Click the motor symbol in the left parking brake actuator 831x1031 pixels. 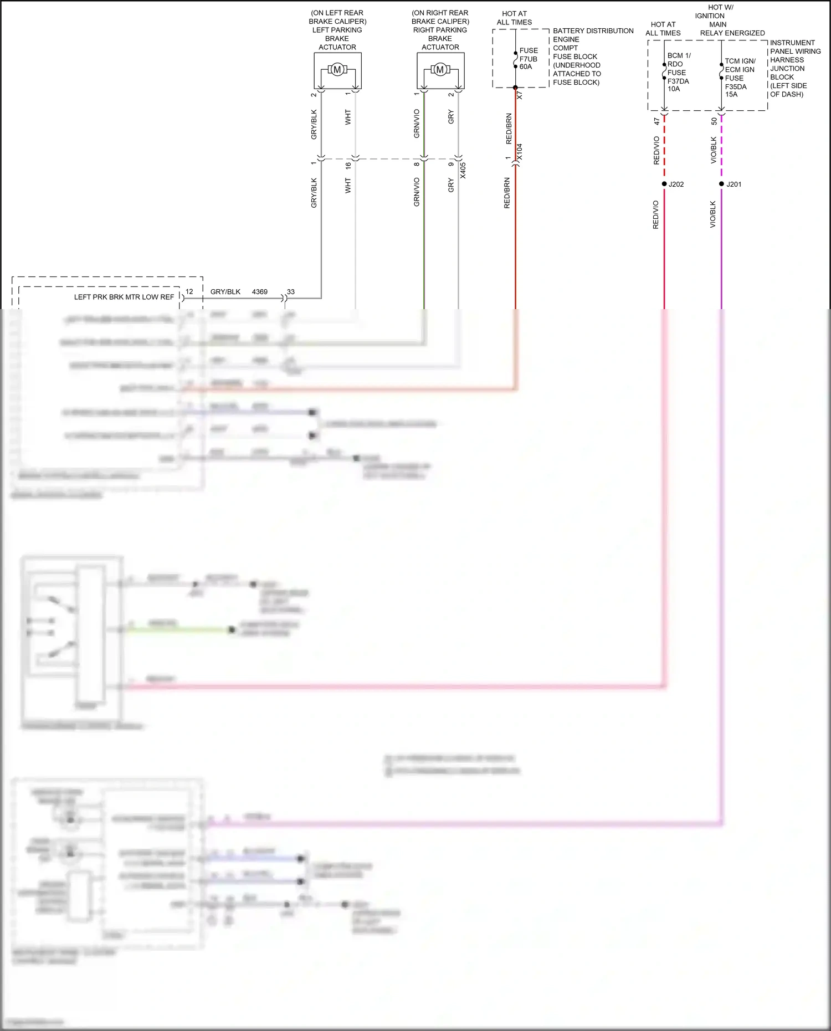[337, 70]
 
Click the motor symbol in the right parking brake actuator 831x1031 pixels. [440, 70]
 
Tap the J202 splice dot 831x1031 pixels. [664, 184]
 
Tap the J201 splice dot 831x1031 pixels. [721, 184]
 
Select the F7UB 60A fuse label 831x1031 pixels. [528, 59]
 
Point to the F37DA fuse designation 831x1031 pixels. [678, 81]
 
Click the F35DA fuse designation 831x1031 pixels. [736, 86]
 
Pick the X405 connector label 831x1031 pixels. [463, 170]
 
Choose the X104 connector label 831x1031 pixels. [520, 152]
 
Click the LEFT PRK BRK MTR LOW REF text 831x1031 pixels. [124, 297]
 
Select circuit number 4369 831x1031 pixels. [260, 291]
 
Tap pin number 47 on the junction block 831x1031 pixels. [656, 121]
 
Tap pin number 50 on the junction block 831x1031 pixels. [714, 121]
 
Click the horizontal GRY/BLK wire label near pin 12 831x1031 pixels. [225, 291]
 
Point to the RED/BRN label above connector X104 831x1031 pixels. [509, 129]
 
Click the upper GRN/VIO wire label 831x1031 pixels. [417, 123]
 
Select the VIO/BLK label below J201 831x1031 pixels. [713, 214]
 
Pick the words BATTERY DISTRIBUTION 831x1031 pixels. [593, 31]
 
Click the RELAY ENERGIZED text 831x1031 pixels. [732, 33]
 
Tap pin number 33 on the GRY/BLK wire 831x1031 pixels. [291, 291]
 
